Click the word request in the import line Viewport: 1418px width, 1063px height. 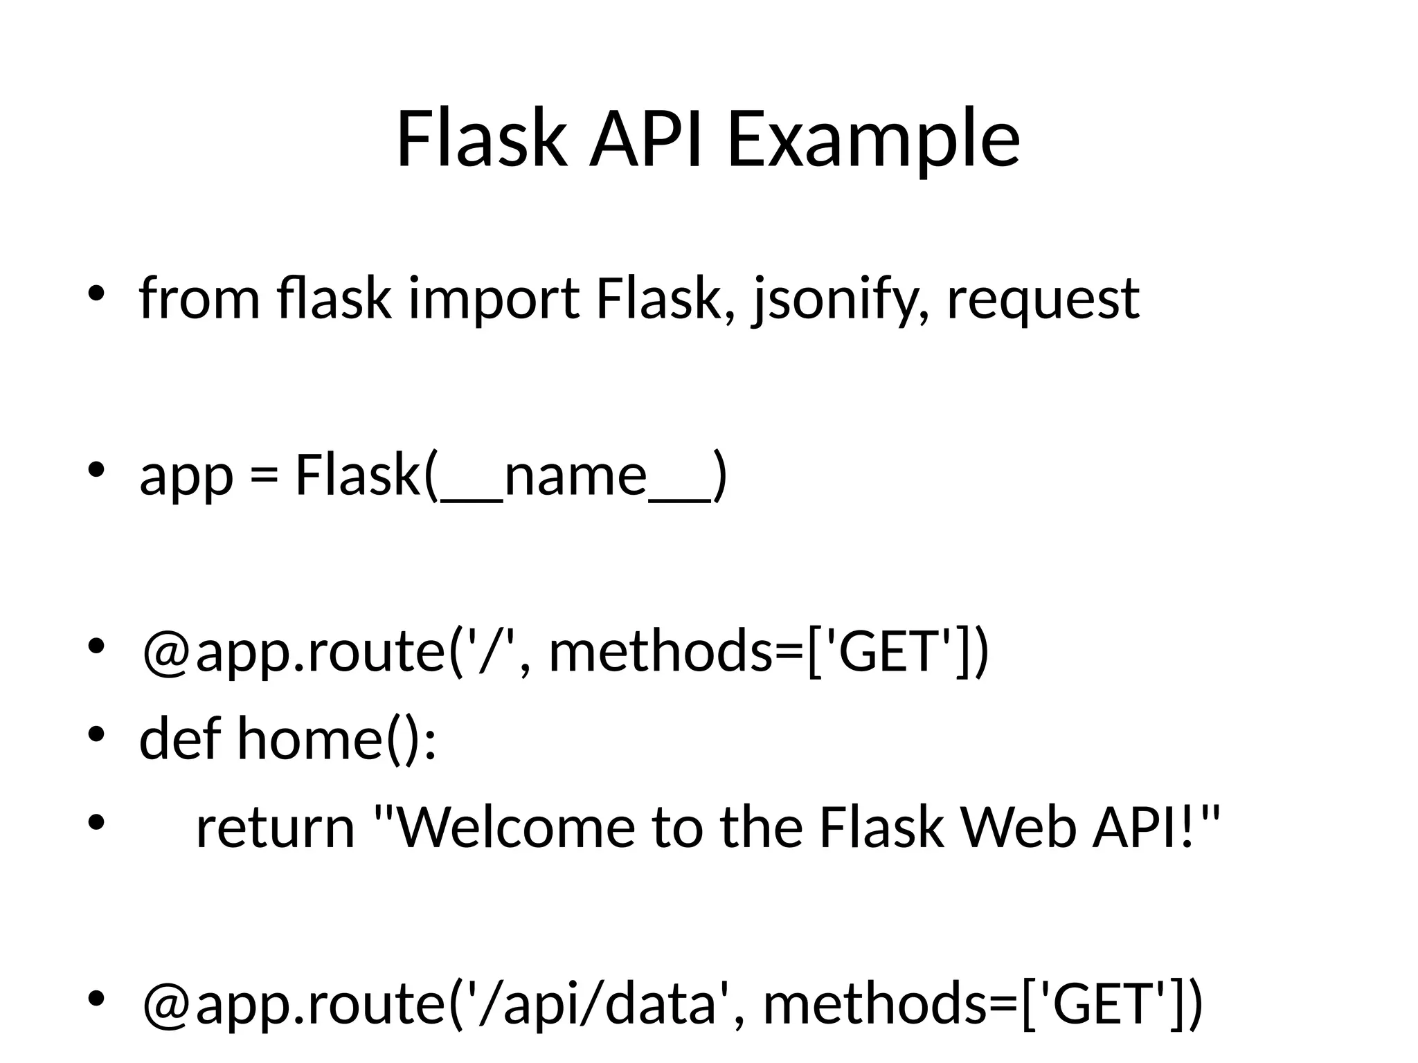pyautogui.click(x=1042, y=299)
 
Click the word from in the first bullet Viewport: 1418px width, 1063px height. pyautogui.click(x=199, y=299)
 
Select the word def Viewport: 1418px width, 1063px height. pyautogui.click(x=180, y=738)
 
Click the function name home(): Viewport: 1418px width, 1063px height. pyautogui.click(x=337, y=738)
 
